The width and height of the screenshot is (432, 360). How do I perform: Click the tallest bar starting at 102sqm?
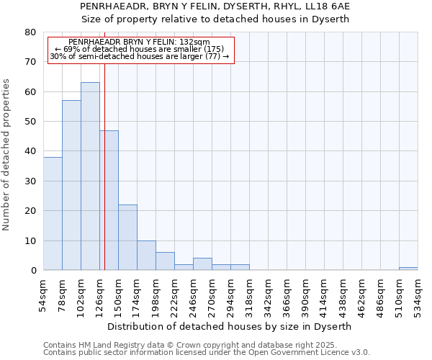point(90,176)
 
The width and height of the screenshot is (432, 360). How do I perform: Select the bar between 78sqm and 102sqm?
point(71,185)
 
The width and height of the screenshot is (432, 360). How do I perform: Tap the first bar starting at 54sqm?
point(53,213)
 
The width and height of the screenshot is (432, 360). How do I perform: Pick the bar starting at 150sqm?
point(127,238)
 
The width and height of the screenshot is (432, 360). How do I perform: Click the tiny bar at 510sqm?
point(408,269)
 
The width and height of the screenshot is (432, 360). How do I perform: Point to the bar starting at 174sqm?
point(146,256)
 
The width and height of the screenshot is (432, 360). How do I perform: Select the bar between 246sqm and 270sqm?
point(202,264)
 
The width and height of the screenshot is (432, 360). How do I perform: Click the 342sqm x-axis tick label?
point(268,296)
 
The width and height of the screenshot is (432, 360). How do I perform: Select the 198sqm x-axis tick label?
point(156,296)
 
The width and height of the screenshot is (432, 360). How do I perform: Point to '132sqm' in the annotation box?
point(194,42)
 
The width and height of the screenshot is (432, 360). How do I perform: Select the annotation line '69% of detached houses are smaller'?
point(140,49)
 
